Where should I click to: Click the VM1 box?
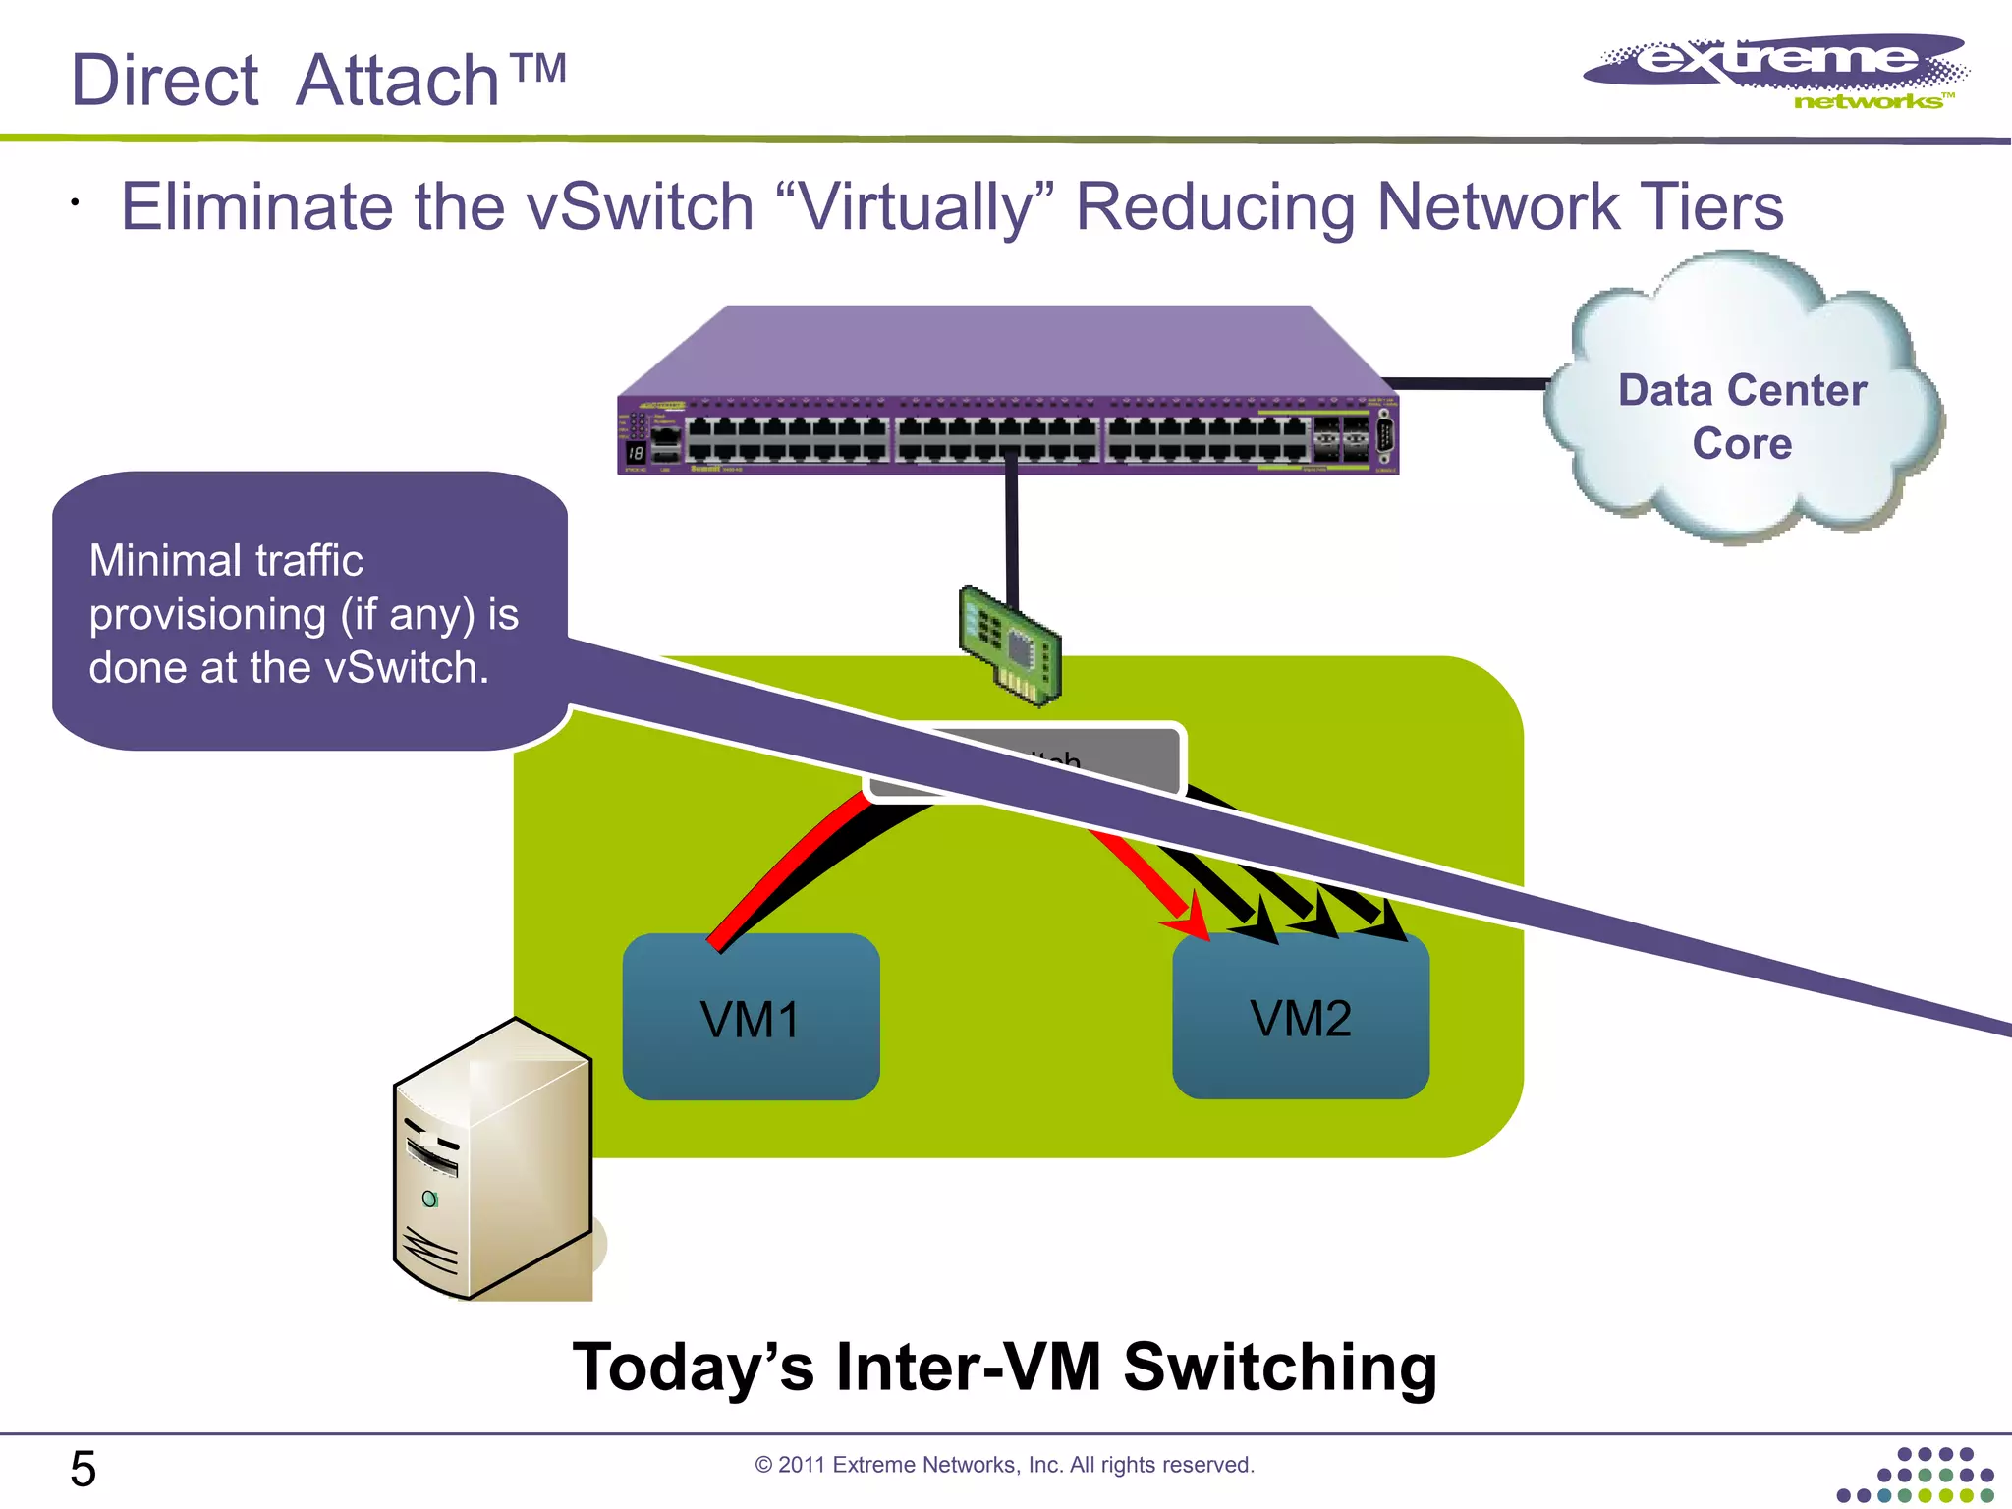[x=751, y=1017]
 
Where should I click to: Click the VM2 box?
[x=1300, y=1017]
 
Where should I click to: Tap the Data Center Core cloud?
[x=1742, y=413]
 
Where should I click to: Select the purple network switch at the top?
[x=1007, y=393]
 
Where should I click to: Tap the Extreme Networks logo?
[x=1778, y=71]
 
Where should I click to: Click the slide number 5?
[x=83, y=1470]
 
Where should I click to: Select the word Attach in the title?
[x=398, y=81]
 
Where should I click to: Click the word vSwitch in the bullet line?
[x=640, y=207]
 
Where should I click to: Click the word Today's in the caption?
[x=693, y=1368]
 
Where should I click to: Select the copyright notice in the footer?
[x=1004, y=1465]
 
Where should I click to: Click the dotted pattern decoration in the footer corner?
[x=1916, y=1476]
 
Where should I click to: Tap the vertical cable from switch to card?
[x=1011, y=531]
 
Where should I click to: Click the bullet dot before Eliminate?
[x=75, y=203]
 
